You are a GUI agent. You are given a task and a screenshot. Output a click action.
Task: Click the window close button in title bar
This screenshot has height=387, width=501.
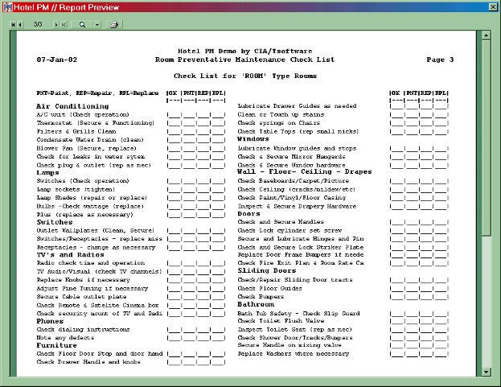click(492, 6)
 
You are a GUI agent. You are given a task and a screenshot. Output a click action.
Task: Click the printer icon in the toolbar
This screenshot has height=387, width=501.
click(114, 25)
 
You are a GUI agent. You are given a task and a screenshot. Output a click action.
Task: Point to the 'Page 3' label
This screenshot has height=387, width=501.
click(440, 60)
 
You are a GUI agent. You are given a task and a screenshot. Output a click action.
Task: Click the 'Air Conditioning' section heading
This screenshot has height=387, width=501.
click(72, 106)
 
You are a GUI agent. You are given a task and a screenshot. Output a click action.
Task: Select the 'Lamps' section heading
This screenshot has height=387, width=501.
click(48, 172)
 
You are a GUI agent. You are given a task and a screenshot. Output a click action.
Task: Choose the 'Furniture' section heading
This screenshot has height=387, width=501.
click(56, 345)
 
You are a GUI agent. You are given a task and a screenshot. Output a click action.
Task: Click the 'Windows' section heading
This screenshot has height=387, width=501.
click(253, 139)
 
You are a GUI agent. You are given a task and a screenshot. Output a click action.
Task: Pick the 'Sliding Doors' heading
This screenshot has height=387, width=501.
click(268, 271)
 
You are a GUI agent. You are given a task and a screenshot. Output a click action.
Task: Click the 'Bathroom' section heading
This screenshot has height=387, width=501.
click(256, 304)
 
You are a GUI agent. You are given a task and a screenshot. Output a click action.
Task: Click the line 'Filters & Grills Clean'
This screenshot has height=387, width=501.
click(76, 131)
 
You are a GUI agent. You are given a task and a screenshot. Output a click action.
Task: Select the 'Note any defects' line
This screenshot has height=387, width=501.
click(67, 337)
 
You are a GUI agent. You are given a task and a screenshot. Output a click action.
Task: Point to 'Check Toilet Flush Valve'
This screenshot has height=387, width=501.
click(277, 320)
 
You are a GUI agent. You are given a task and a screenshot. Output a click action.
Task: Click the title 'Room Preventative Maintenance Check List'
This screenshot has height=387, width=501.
click(244, 60)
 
